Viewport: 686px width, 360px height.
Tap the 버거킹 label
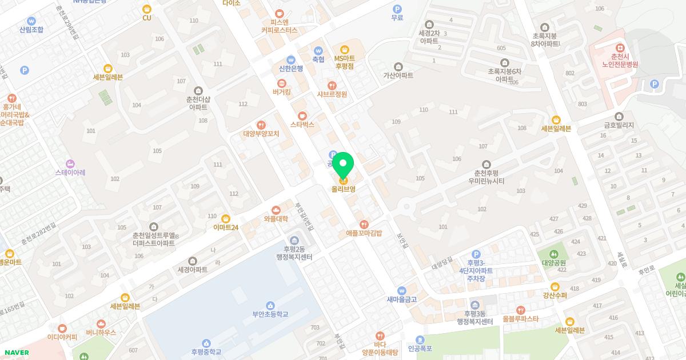pyautogui.click(x=282, y=91)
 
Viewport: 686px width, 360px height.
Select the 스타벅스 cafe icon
pyautogui.click(x=302, y=115)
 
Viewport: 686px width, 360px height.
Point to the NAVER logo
pyautogui.click(x=16, y=353)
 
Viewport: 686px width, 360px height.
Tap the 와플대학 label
pyautogui.click(x=276, y=218)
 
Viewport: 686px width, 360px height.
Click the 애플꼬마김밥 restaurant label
pyautogui.click(x=364, y=233)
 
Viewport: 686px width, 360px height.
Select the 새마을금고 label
pyautogui.click(x=402, y=299)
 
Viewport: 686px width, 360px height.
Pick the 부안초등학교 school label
pyautogui.click(x=270, y=314)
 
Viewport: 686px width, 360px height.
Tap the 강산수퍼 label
pyautogui.click(x=555, y=295)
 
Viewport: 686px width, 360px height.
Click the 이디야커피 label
pyautogui.click(x=62, y=337)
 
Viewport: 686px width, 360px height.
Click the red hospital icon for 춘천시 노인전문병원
pyautogui.click(x=619, y=48)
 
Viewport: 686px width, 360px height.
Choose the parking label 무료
pyautogui.click(x=397, y=18)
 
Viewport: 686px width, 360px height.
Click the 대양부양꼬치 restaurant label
pyautogui.click(x=261, y=134)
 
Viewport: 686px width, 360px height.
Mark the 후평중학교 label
pyautogui.click(x=206, y=352)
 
